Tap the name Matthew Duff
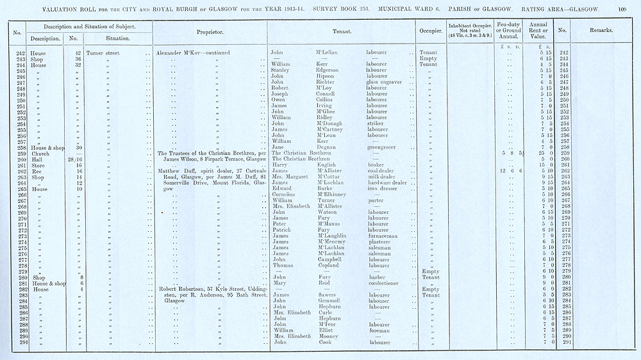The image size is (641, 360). (x=177, y=171)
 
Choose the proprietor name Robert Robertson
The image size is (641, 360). (x=185, y=289)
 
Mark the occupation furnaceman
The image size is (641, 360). (x=385, y=236)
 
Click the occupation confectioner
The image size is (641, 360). (x=385, y=282)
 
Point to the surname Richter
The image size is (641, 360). (x=327, y=82)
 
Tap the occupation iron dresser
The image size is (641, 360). (x=384, y=189)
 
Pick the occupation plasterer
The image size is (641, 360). (x=380, y=241)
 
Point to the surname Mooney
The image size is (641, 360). (x=328, y=336)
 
